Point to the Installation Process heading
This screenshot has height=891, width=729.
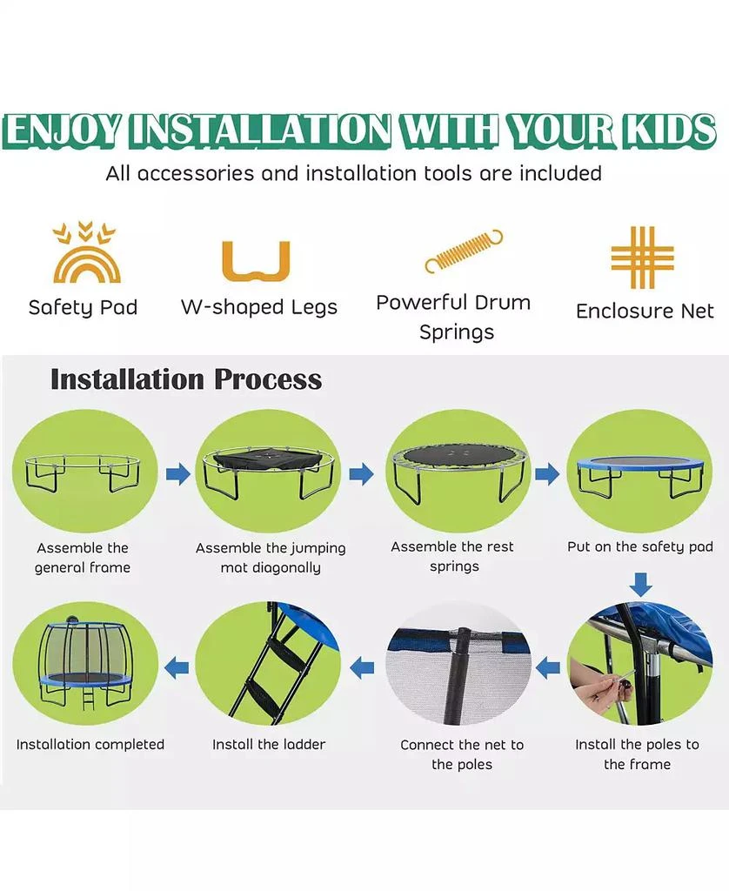coord(186,379)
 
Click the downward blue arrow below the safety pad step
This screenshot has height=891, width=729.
coord(640,584)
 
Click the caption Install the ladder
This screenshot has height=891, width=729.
coord(269,745)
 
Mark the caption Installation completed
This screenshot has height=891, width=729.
coord(90,745)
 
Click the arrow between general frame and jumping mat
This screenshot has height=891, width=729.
coord(177,474)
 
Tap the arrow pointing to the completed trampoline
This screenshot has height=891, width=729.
coord(177,667)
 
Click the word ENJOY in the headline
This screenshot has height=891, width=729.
coord(66,130)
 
